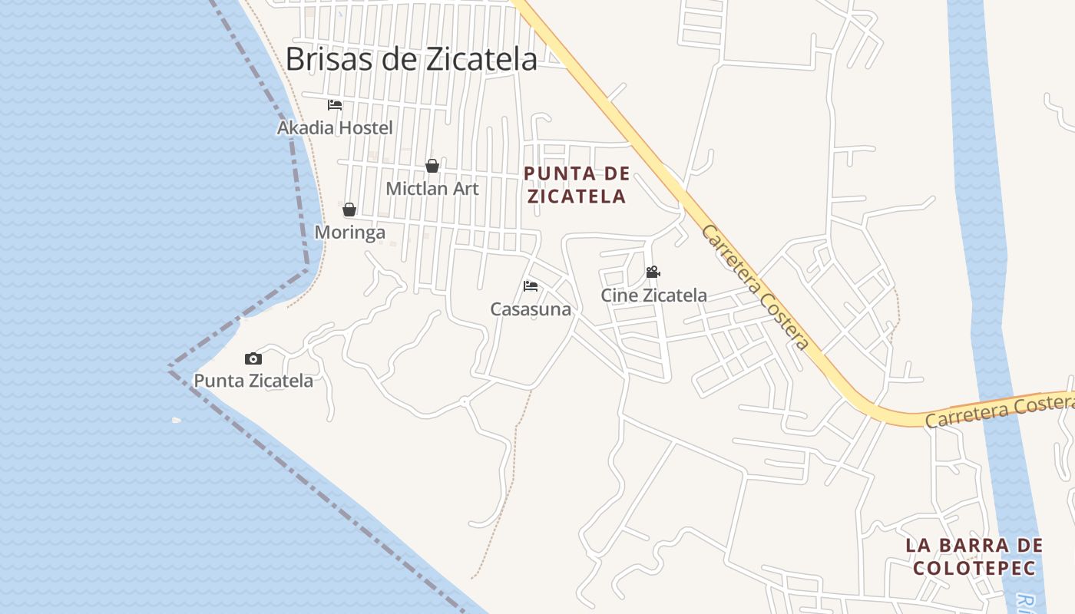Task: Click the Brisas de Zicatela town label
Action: pyautogui.click(x=411, y=59)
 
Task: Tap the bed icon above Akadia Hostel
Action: pyautogui.click(x=335, y=105)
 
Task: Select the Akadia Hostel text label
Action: pyautogui.click(x=335, y=127)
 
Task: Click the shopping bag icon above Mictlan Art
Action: pyautogui.click(x=432, y=166)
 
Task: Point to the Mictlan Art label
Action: pyautogui.click(x=432, y=188)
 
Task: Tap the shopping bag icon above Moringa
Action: pyautogui.click(x=349, y=210)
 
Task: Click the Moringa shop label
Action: pyautogui.click(x=350, y=232)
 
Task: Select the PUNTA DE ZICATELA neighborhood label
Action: pyautogui.click(x=577, y=185)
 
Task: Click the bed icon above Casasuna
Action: pyautogui.click(x=531, y=286)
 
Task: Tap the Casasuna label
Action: pyautogui.click(x=531, y=309)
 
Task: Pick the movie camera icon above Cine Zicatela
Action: pyautogui.click(x=653, y=272)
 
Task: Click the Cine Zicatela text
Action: pyautogui.click(x=653, y=295)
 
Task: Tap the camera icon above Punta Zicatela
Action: pyautogui.click(x=253, y=358)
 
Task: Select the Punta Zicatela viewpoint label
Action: pyautogui.click(x=253, y=380)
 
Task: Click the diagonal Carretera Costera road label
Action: pyautogui.click(x=754, y=287)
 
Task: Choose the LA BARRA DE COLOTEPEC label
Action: pyautogui.click(x=974, y=556)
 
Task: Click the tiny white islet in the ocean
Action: pyautogui.click(x=177, y=420)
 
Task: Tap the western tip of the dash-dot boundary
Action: pyautogui.click(x=170, y=369)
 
